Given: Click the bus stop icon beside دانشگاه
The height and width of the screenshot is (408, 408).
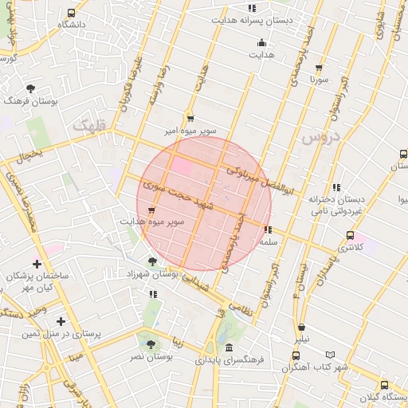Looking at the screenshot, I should [72, 14].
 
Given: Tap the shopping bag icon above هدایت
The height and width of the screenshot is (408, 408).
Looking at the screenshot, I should [261, 43].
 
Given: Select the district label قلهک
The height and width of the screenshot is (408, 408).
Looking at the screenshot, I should [88, 125].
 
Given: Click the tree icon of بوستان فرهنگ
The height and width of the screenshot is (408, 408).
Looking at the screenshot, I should [30, 88].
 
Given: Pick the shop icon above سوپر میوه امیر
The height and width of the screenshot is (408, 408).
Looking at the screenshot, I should [190, 116].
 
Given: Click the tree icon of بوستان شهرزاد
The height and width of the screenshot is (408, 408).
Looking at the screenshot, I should [152, 261].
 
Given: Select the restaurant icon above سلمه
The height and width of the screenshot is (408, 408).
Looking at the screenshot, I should [267, 229].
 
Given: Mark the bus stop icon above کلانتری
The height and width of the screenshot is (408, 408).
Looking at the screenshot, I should [350, 235].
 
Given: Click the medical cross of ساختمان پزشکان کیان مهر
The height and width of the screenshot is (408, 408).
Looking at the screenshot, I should [37, 264].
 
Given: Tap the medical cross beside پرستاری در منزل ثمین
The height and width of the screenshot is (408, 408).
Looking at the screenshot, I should [61, 321].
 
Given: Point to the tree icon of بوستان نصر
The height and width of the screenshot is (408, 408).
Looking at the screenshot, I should [151, 343].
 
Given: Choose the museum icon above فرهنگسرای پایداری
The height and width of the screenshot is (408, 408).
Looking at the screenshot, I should [229, 348].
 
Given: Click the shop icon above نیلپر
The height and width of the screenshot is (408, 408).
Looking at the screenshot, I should [301, 327].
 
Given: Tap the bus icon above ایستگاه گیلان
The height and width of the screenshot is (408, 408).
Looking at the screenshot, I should [385, 385].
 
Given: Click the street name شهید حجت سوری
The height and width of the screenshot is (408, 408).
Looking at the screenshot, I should [171, 192].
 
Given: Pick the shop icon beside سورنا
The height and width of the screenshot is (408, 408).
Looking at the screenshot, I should [320, 68].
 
